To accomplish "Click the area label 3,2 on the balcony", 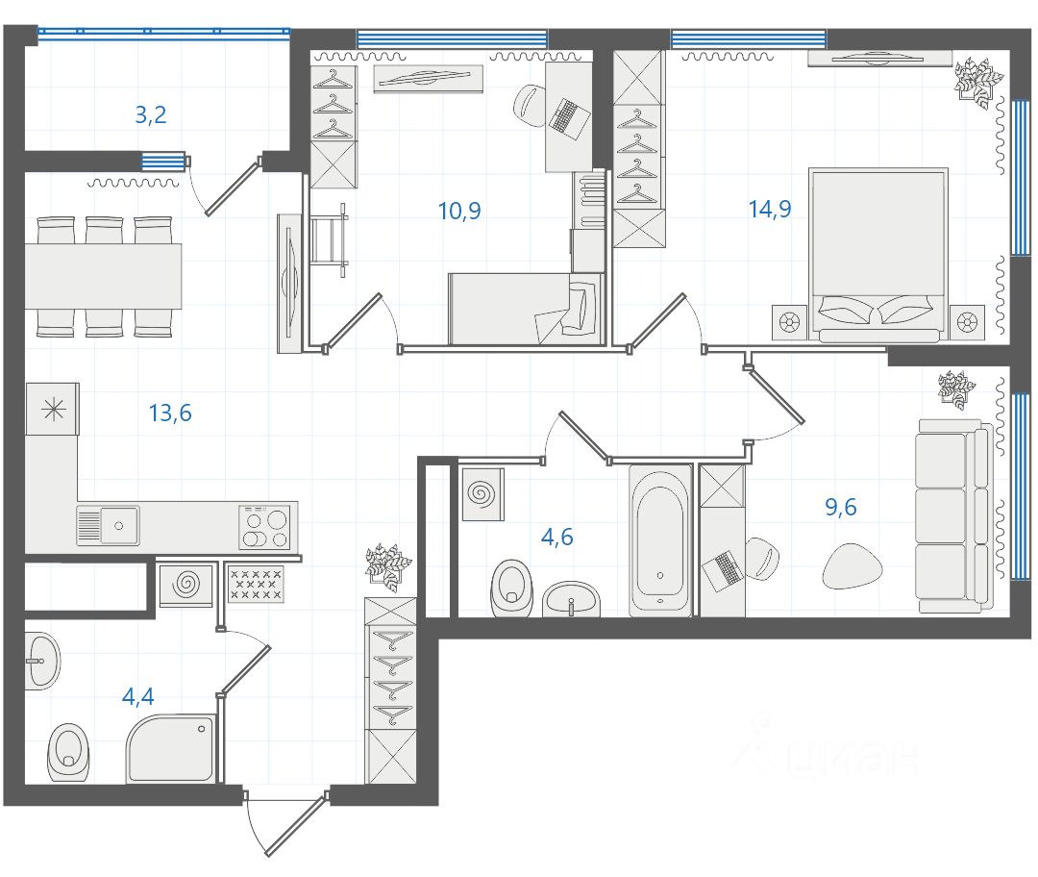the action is tap(150, 115).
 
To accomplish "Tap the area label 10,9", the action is tap(459, 211).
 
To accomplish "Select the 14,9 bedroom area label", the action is tap(770, 210).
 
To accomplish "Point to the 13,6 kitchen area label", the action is tap(170, 413).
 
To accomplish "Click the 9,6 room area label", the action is tap(841, 508).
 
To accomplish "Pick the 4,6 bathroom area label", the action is tap(557, 538).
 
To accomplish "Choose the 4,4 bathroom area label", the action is tap(138, 697).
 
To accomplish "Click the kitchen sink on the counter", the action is tap(108, 526).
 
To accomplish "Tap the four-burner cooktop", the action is tap(264, 527).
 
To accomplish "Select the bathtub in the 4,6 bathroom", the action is tap(660, 539).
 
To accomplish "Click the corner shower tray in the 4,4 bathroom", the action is tap(171, 748).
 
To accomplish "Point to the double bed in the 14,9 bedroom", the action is tap(878, 255).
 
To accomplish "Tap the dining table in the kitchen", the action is tap(103, 276).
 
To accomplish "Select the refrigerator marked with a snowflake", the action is tap(52, 410).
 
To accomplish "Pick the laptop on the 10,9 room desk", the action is tap(569, 118).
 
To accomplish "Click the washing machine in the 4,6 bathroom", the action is tap(482, 494).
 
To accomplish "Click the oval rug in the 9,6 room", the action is tap(853, 566).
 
